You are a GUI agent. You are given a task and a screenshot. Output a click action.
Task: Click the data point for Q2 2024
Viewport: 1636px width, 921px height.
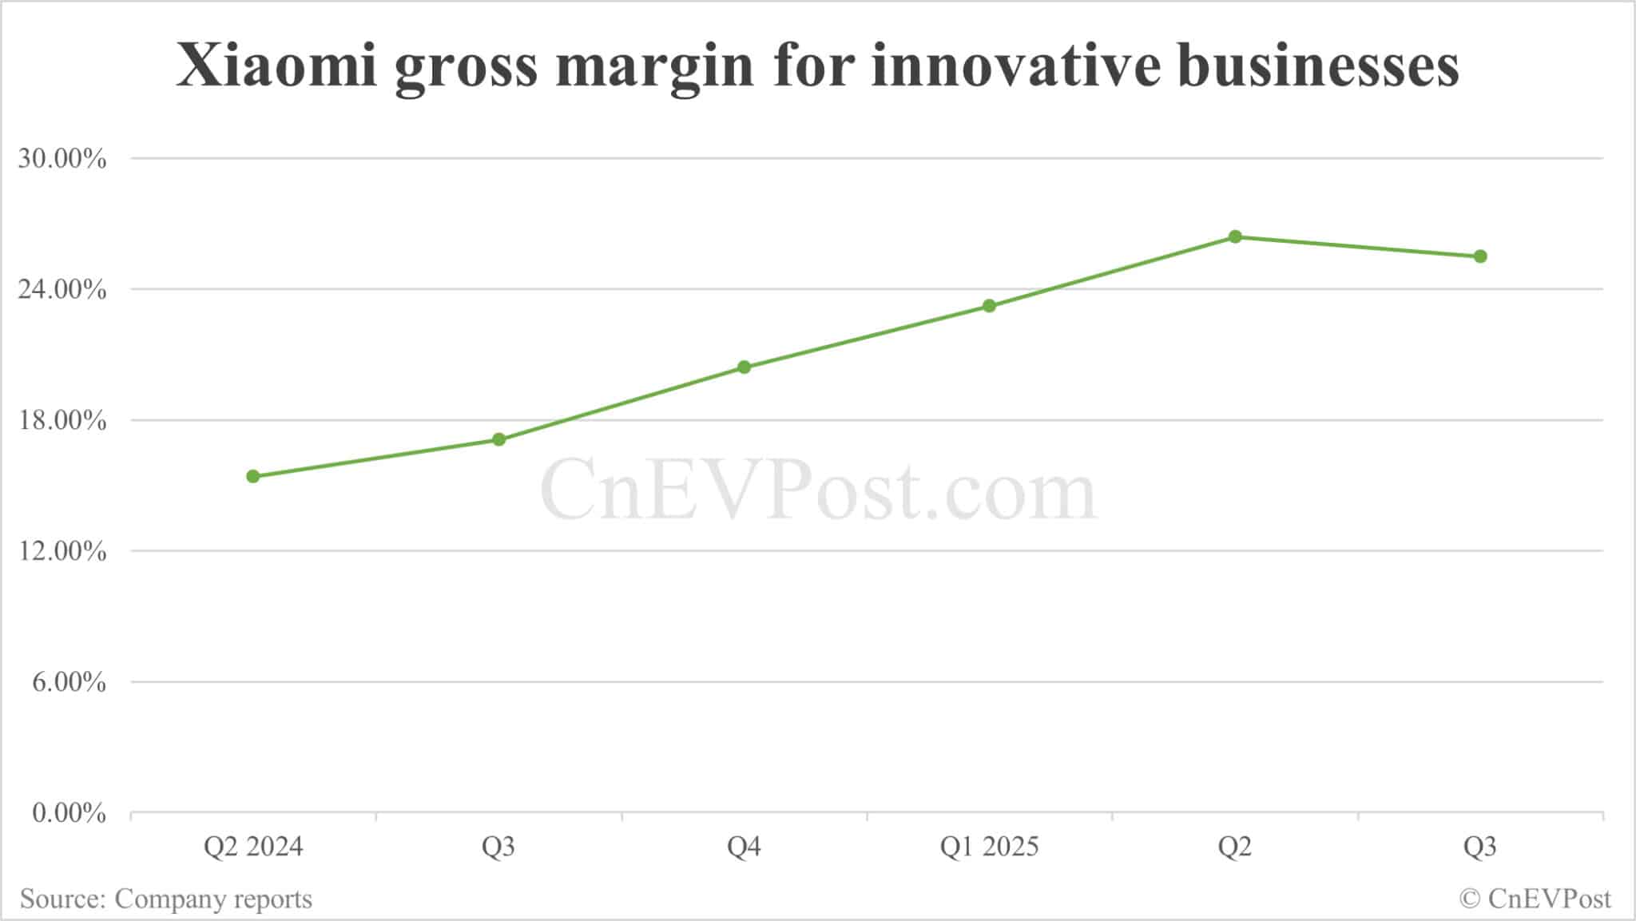[x=253, y=477]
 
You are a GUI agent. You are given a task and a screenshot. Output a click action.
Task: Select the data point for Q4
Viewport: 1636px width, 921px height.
[x=744, y=367]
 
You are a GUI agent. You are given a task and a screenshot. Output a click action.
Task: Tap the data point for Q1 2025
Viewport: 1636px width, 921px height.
[x=989, y=306]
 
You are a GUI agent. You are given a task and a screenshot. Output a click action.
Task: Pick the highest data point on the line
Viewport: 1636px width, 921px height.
[x=1235, y=236]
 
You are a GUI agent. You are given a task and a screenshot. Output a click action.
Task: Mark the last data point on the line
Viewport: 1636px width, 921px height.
[x=1480, y=256]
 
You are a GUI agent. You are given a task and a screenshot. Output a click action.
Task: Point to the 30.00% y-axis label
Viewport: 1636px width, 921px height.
[x=62, y=159]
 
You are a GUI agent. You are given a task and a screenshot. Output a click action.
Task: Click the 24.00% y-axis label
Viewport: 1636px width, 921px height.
[x=62, y=290]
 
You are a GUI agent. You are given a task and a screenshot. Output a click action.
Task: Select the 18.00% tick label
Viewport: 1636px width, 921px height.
[x=62, y=421]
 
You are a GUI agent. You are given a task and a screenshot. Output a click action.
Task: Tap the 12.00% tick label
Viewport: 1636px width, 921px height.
[x=62, y=552]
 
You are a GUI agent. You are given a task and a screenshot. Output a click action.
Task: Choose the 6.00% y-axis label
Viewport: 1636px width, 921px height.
[x=69, y=683]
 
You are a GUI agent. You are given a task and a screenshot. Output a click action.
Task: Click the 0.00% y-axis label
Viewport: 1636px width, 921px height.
[x=69, y=814]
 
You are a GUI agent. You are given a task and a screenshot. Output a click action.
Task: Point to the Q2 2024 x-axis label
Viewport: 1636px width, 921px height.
[x=253, y=847]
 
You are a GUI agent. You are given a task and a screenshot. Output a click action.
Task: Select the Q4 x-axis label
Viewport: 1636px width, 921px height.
[x=744, y=847]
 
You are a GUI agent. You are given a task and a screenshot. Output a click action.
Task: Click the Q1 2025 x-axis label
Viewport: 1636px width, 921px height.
[x=989, y=847]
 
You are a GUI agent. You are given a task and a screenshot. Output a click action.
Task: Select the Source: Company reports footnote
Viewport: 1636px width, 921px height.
[x=166, y=899]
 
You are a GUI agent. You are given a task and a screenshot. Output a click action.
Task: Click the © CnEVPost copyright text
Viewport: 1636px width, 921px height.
[x=1535, y=899]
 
